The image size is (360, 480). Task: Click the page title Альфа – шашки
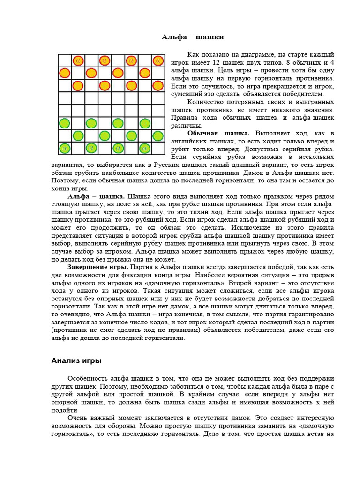pos(193,37)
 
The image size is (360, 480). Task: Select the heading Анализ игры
pos(76,361)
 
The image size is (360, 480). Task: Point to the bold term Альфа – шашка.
pos(96,196)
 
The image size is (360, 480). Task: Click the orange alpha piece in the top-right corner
pos(158,60)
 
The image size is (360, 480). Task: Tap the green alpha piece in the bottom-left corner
pos(65,148)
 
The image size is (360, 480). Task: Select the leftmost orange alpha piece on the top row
pos(78,60)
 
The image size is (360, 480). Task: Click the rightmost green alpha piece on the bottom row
pos(145,148)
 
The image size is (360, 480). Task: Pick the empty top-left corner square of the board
pos(65,60)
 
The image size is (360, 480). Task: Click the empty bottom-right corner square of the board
pos(158,148)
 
